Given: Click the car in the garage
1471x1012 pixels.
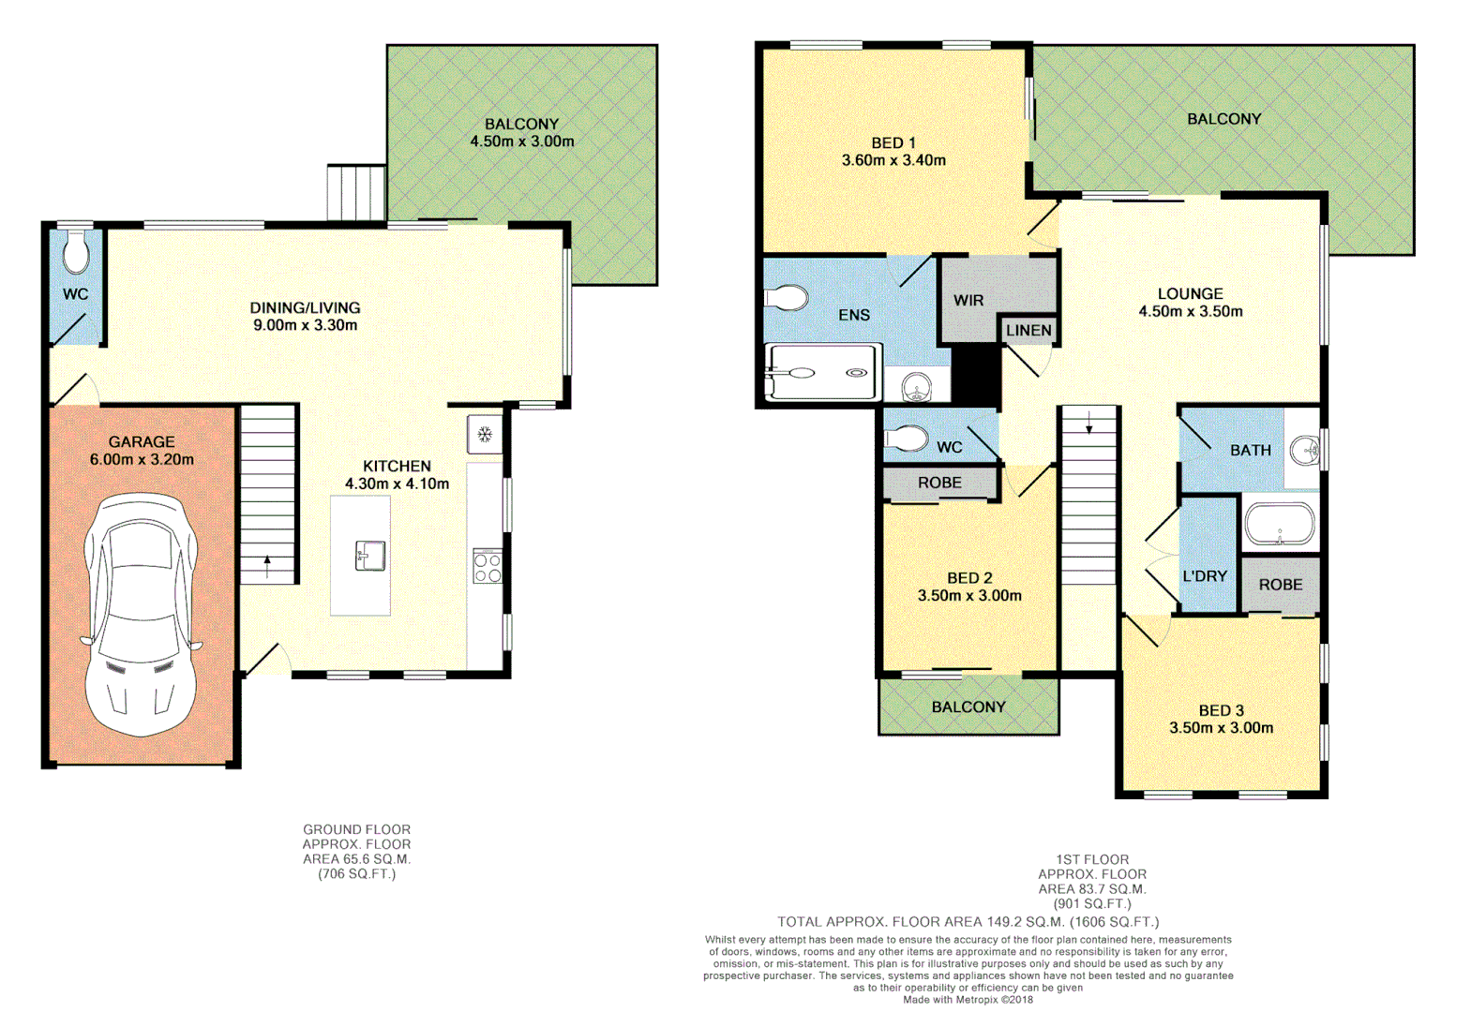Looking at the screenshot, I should click(x=141, y=614).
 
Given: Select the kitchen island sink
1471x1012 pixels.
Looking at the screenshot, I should click(x=369, y=555).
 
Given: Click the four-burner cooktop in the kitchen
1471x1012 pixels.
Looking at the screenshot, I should click(x=487, y=567).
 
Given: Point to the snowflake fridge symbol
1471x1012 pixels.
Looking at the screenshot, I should click(x=485, y=434).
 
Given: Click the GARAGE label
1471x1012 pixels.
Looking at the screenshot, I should click(x=142, y=441).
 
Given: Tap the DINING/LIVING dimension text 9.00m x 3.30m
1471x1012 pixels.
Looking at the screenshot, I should click(x=305, y=325).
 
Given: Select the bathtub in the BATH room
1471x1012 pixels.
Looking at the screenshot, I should click(x=1280, y=525).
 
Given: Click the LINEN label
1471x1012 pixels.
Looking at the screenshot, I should click(x=1028, y=330).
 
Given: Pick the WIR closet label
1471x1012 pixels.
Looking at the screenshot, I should click(x=968, y=300).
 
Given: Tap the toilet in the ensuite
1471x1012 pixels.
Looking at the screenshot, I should click(x=788, y=298).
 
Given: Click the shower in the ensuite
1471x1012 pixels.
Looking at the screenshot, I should click(x=823, y=373).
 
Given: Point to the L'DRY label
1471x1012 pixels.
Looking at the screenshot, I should click(x=1205, y=576).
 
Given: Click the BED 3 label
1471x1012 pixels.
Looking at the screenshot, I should click(x=1221, y=710).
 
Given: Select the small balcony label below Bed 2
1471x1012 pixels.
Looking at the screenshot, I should click(x=968, y=707).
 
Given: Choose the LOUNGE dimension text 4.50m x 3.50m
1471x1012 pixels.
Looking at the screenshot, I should click(x=1191, y=311).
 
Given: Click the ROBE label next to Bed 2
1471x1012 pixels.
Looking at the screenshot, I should click(x=939, y=483).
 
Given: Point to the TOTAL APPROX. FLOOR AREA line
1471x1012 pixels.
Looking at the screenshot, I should click(x=968, y=922).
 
